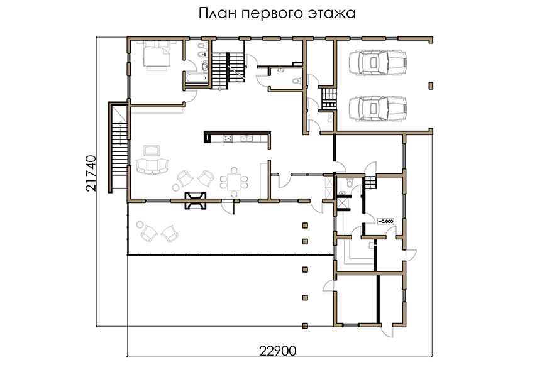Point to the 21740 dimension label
click(91, 173)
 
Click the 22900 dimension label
click(278, 351)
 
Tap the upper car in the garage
click(378, 63)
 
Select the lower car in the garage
click(378, 109)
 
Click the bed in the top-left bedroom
click(157, 55)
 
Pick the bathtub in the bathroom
click(197, 78)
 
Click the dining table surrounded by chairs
click(235, 182)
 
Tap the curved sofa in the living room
click(152, 167)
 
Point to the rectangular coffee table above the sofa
click(152, 150)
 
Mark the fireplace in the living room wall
click(196, 200)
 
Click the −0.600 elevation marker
click(385, 221)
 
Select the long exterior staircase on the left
click(119, 147)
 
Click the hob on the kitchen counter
click(228, 139)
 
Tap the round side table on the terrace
click(140, 225)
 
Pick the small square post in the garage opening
click(431, 85)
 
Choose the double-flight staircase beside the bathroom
click(228, 71)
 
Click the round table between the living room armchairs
click(175, 187)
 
